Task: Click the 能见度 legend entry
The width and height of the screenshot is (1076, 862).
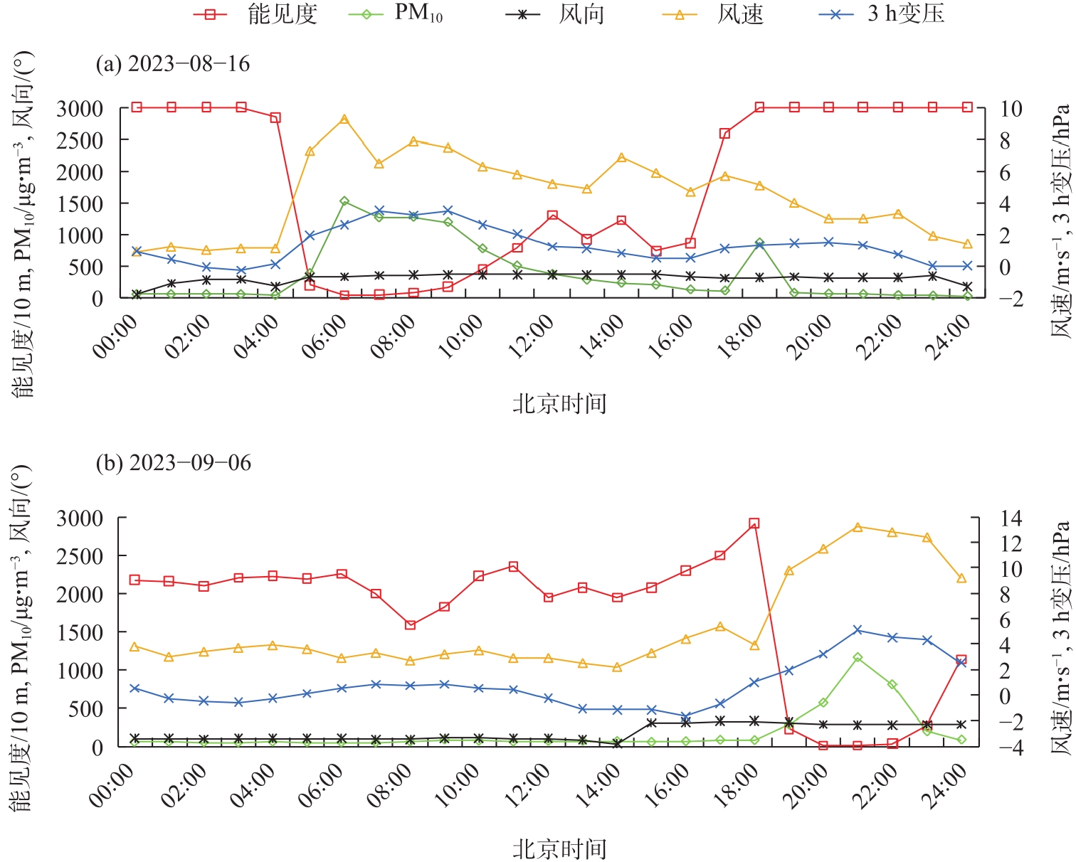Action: pos(256,14)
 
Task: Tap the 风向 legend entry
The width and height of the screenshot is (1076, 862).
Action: pos(555,14)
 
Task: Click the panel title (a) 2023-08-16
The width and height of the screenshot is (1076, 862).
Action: pos(173,64)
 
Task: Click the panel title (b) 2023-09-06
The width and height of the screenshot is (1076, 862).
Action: pos(174,463)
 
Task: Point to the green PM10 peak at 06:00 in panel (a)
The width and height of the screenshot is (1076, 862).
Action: pos(344,201)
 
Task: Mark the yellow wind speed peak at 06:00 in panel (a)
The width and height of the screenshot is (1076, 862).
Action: pos(344,119)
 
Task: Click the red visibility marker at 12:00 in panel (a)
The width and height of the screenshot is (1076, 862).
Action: pos(552,215)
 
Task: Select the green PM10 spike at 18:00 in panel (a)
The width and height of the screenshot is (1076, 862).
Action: pos(759,243)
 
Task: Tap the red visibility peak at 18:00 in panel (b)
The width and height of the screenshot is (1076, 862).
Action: pos(754,523)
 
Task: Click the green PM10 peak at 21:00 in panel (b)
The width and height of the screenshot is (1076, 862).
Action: pos(858,657)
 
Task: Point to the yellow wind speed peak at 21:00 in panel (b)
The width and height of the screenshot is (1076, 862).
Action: pos(858,527)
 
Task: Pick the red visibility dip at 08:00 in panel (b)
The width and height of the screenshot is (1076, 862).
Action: pos(410,625)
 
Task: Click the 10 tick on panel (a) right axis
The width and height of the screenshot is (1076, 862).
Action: pos(1011,109)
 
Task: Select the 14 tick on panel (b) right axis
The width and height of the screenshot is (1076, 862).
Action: pos(1011,518)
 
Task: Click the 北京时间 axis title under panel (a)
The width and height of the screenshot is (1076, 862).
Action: pos(559,404)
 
